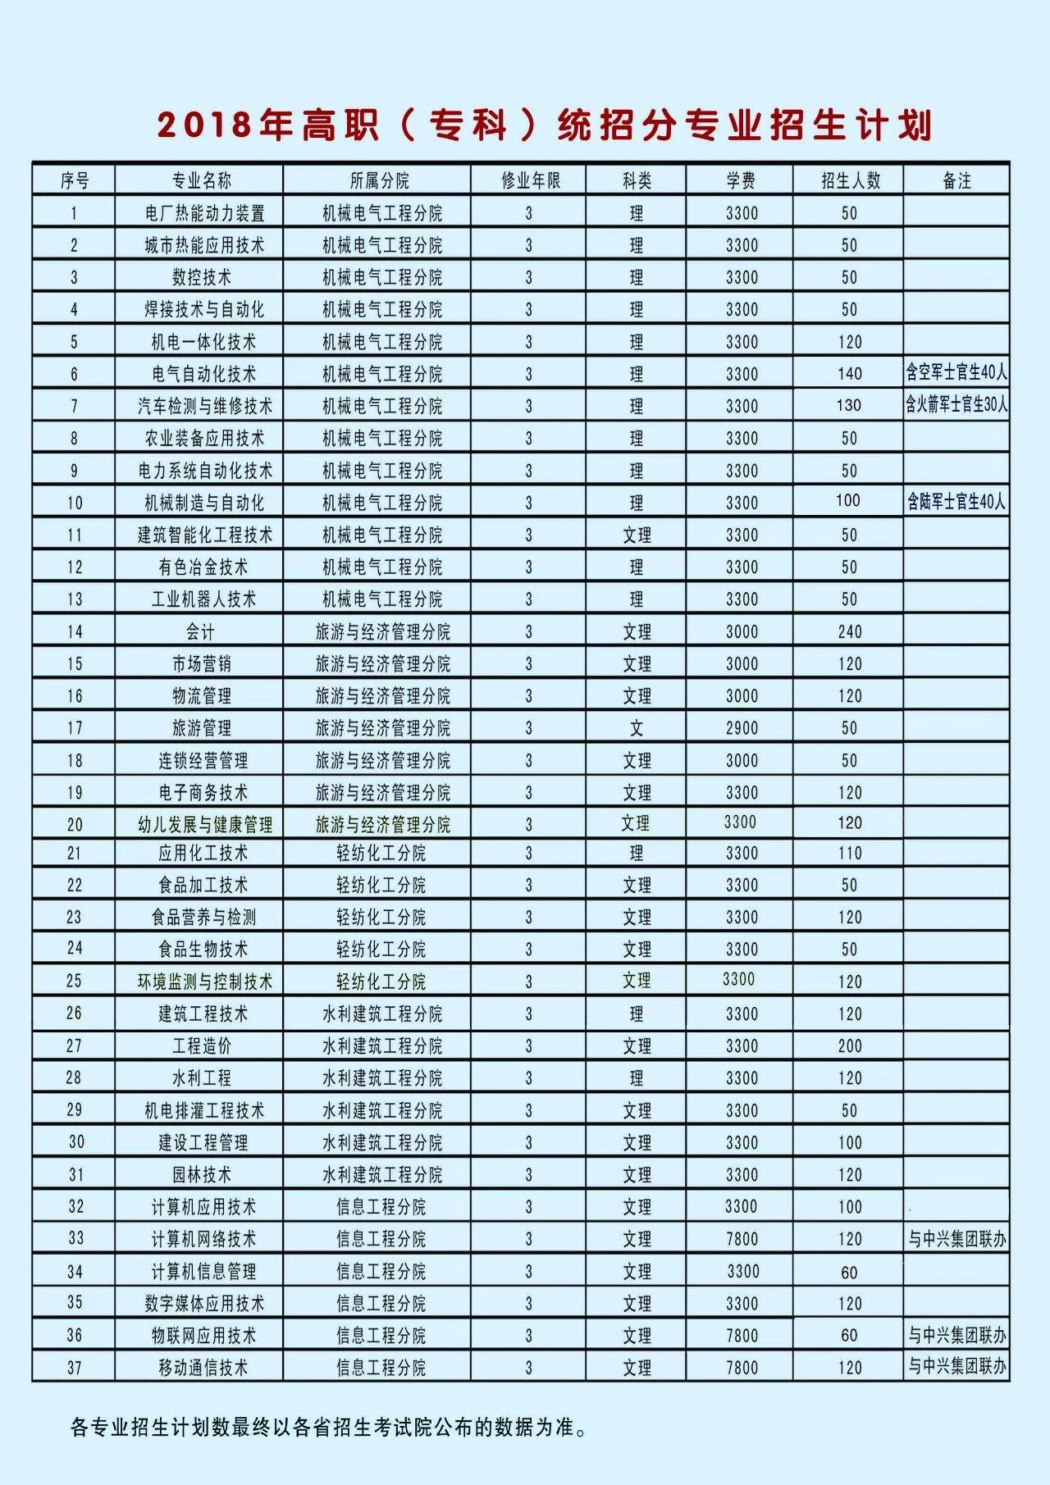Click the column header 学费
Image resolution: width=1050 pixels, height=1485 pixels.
tap(741, 180)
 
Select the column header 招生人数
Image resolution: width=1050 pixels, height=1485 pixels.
tap(850, 180)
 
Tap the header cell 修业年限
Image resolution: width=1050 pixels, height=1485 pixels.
tap(530, 180)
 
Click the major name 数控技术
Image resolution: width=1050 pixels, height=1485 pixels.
tap(201, 277)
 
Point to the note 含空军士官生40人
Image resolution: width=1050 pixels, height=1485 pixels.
tap(956, 373)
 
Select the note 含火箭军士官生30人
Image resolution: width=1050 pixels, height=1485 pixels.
tap(956, 405)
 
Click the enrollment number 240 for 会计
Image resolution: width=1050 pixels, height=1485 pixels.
tap(850, 631)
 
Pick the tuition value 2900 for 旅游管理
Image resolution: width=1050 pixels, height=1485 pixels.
tap(742, 728)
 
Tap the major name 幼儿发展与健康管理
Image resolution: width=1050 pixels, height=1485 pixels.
tap(204, 824)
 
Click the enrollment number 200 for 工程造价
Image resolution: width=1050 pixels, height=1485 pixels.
tap(850, 1046)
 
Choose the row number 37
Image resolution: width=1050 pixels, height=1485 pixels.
tap(75, 1368)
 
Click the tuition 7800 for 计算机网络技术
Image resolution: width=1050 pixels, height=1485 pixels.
tap(742, 1239)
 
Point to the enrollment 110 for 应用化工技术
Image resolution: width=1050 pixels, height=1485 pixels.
tap(850, 854)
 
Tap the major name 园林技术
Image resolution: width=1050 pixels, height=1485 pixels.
tap(202, 1175)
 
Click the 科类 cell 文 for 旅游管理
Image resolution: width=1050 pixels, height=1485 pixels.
tap(637, 728)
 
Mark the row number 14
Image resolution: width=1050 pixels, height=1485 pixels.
tap(75, 631)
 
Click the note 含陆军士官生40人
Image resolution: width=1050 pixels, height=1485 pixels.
tap(956, 502)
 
